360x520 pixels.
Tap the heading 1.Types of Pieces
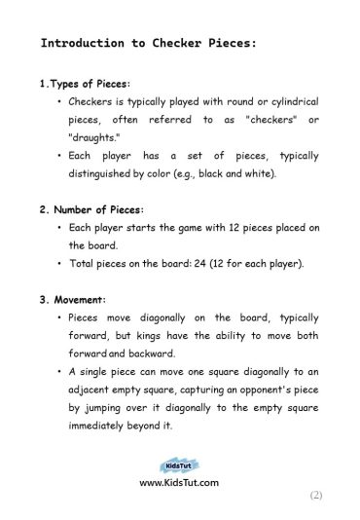pos(86,85)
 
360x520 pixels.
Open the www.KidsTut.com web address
pos(179,482)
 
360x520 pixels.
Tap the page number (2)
pos(315,495)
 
